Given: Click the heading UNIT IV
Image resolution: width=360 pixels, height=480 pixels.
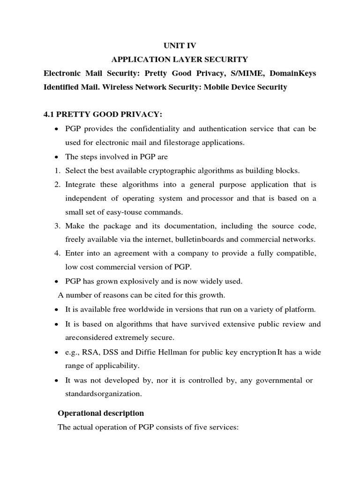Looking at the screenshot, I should tap(180, 45).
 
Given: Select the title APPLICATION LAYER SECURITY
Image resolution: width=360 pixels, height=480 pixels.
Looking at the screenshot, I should tap(180, 60).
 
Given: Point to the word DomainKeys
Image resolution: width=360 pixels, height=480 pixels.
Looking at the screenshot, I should tap(291, 74).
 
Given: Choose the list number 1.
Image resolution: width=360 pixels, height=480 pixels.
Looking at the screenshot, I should tap(56, 170).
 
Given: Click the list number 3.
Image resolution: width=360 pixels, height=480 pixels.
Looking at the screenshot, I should tap(56, 226).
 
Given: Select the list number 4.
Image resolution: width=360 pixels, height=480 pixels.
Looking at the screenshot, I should tap(56, 254).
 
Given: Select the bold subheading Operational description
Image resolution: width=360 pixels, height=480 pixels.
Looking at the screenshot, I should tap(100, 413).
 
